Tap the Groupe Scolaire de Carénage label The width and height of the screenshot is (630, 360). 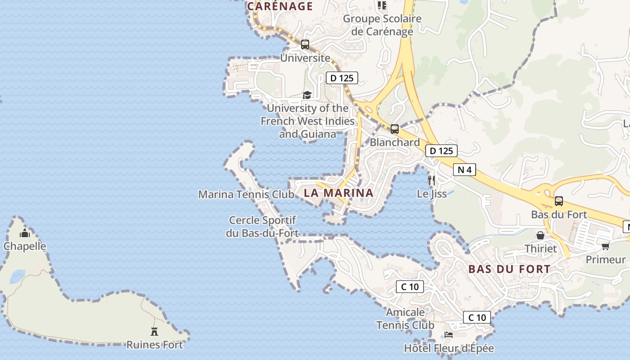382,25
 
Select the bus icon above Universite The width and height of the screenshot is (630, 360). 305,45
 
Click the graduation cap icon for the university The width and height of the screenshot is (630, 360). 307,95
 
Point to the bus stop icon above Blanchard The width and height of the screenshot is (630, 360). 395,129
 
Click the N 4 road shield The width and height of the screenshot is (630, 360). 465,170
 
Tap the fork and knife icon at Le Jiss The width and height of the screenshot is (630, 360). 432,180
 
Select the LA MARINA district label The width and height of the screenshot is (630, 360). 338,193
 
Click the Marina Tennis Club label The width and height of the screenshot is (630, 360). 246,194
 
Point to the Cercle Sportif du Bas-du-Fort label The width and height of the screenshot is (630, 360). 263,226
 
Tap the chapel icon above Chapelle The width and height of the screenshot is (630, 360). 25,233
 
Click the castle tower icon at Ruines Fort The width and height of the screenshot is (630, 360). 154,332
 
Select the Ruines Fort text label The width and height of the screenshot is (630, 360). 154,345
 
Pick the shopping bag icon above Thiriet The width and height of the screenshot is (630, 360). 540,235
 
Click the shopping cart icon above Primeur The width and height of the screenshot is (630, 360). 605,246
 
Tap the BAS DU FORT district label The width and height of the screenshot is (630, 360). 509,269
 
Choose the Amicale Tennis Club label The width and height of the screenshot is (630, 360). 405,319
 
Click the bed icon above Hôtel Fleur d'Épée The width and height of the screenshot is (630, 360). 449,335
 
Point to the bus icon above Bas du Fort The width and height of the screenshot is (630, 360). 558,201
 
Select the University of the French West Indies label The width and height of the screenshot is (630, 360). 308,121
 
